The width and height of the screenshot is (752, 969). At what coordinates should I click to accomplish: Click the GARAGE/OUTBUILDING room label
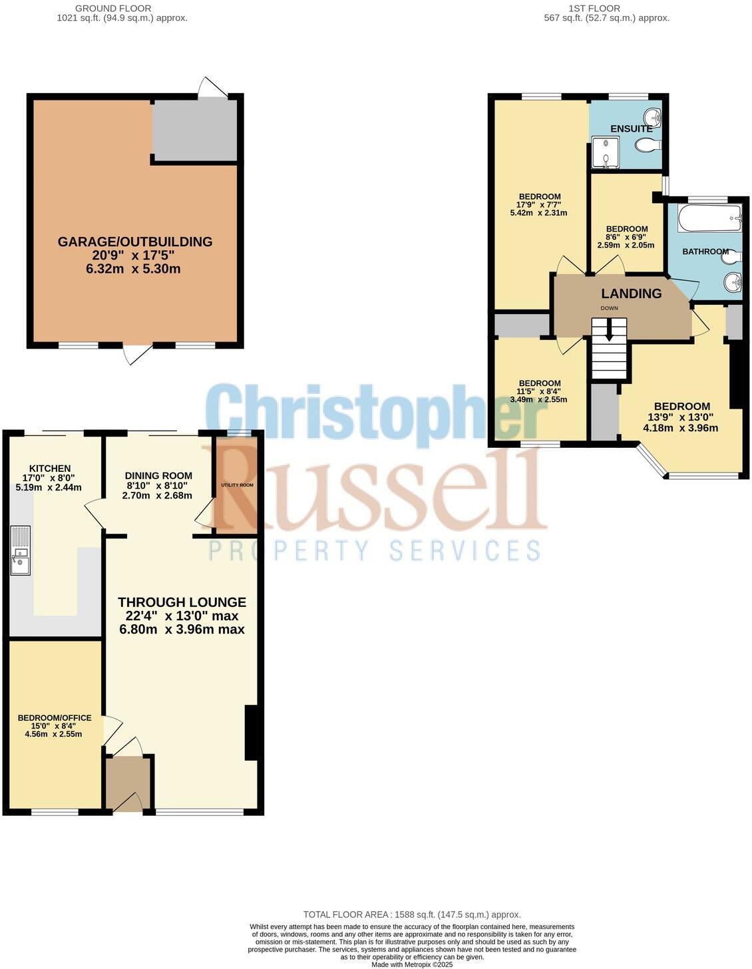tap(135, 242)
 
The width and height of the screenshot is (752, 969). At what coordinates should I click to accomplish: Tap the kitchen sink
tap(20, 550)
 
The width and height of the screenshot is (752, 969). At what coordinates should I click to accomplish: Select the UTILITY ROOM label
tap(237, 485)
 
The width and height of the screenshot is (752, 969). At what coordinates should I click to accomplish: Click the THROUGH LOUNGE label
tap(182, 602)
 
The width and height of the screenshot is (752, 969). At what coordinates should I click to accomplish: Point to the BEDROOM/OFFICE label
tap(54, 718)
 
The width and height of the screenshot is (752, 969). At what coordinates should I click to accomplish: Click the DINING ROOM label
tap(158, 476)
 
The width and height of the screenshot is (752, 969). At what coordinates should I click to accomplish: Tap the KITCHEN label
tap(50, 469)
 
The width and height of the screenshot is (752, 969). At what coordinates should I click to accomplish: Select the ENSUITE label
tap(631, 128)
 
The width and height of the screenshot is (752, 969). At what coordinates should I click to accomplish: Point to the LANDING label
tap(631, 293)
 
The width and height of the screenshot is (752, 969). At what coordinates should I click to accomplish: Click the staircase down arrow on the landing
tap(609, 332)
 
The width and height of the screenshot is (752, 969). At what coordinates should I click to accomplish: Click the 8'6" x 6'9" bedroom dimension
tap(626, 237)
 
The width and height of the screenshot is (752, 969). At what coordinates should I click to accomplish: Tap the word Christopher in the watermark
tap(376, 413)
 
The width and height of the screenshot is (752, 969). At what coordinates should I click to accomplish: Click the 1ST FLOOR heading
tap(594, 9)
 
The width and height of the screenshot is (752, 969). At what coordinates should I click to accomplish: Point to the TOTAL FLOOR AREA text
tap(412, 914)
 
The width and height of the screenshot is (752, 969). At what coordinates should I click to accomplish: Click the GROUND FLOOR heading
tap(113, 9)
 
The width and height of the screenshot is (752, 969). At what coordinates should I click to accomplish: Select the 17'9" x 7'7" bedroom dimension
tap(539, 205)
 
